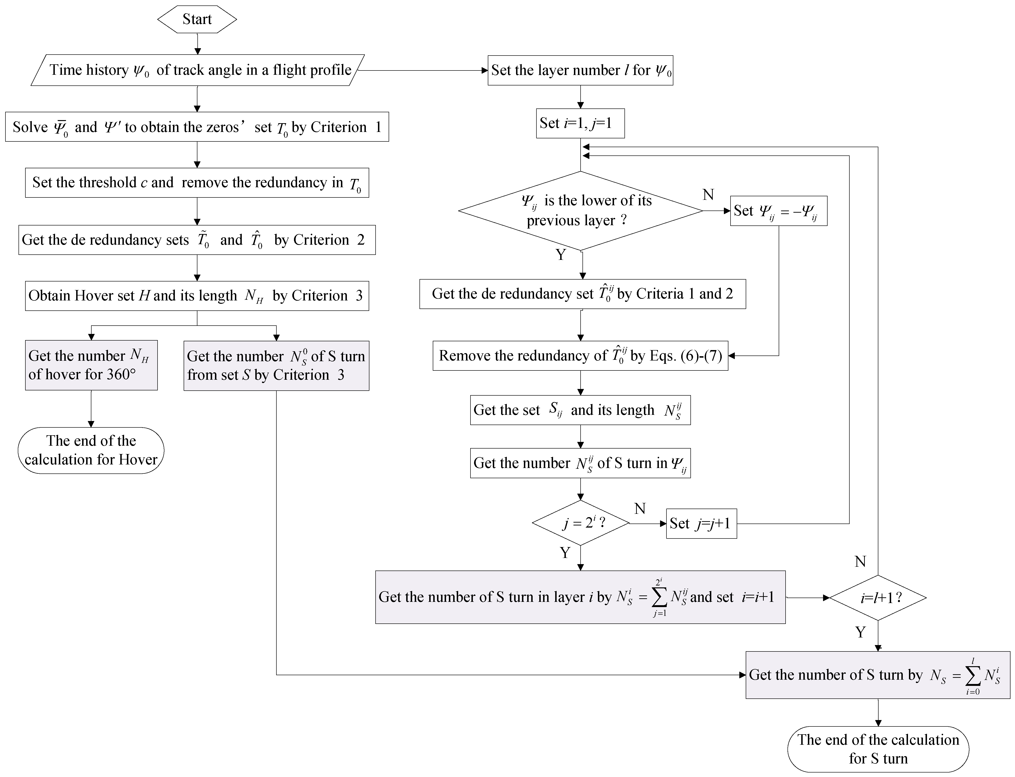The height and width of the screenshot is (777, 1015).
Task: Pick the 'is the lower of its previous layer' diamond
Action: pyautogui.click(x=580, y=211)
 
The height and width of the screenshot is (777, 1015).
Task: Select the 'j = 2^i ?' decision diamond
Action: pyautogui.click(x=581, y=523)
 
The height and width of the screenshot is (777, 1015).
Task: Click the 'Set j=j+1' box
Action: pyautogui.click(x=701, y=524)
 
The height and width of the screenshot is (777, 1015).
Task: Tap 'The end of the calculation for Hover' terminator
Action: pyautogui.click(x=91, y=450)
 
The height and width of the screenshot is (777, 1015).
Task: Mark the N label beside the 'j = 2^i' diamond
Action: pyautogui.click(x=639, y=509)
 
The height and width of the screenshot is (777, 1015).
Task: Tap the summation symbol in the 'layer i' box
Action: pyautogui.click(x=659, y=598)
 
